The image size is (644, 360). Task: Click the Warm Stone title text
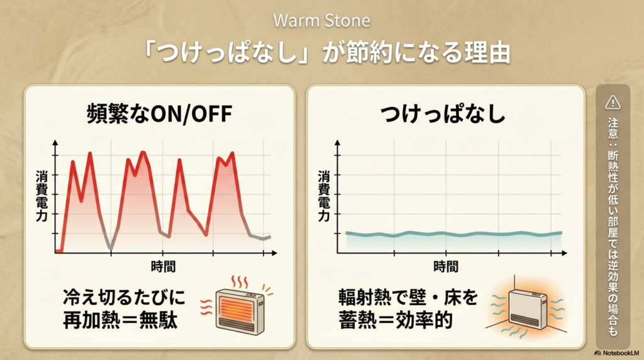[321, 20]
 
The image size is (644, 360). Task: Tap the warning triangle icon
[612, 102]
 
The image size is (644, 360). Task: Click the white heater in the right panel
[526, 308]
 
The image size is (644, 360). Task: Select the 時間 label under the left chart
[163, 266]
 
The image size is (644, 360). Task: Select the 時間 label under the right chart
[446, 266]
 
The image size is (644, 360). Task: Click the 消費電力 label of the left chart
[41, 197]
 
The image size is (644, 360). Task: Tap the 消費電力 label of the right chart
[324, 197]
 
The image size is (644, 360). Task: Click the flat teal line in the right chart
[453, 234]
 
